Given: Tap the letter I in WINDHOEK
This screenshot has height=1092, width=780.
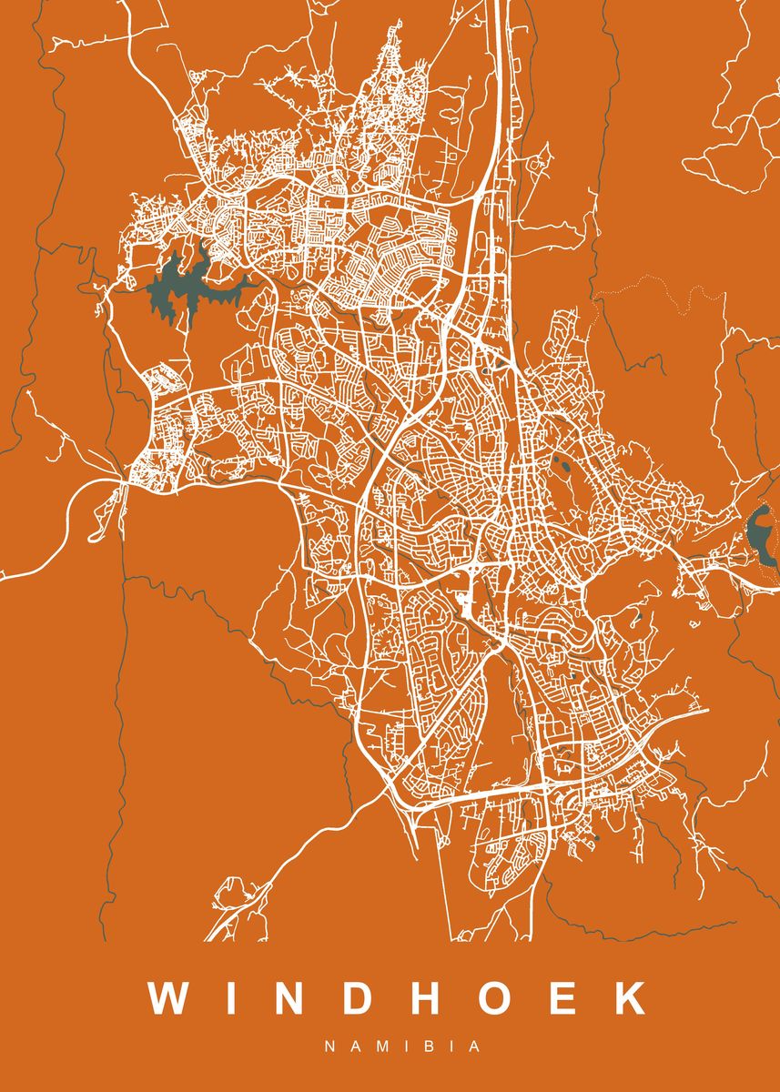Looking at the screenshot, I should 233,997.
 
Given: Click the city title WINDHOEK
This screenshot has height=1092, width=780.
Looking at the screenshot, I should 401,997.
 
